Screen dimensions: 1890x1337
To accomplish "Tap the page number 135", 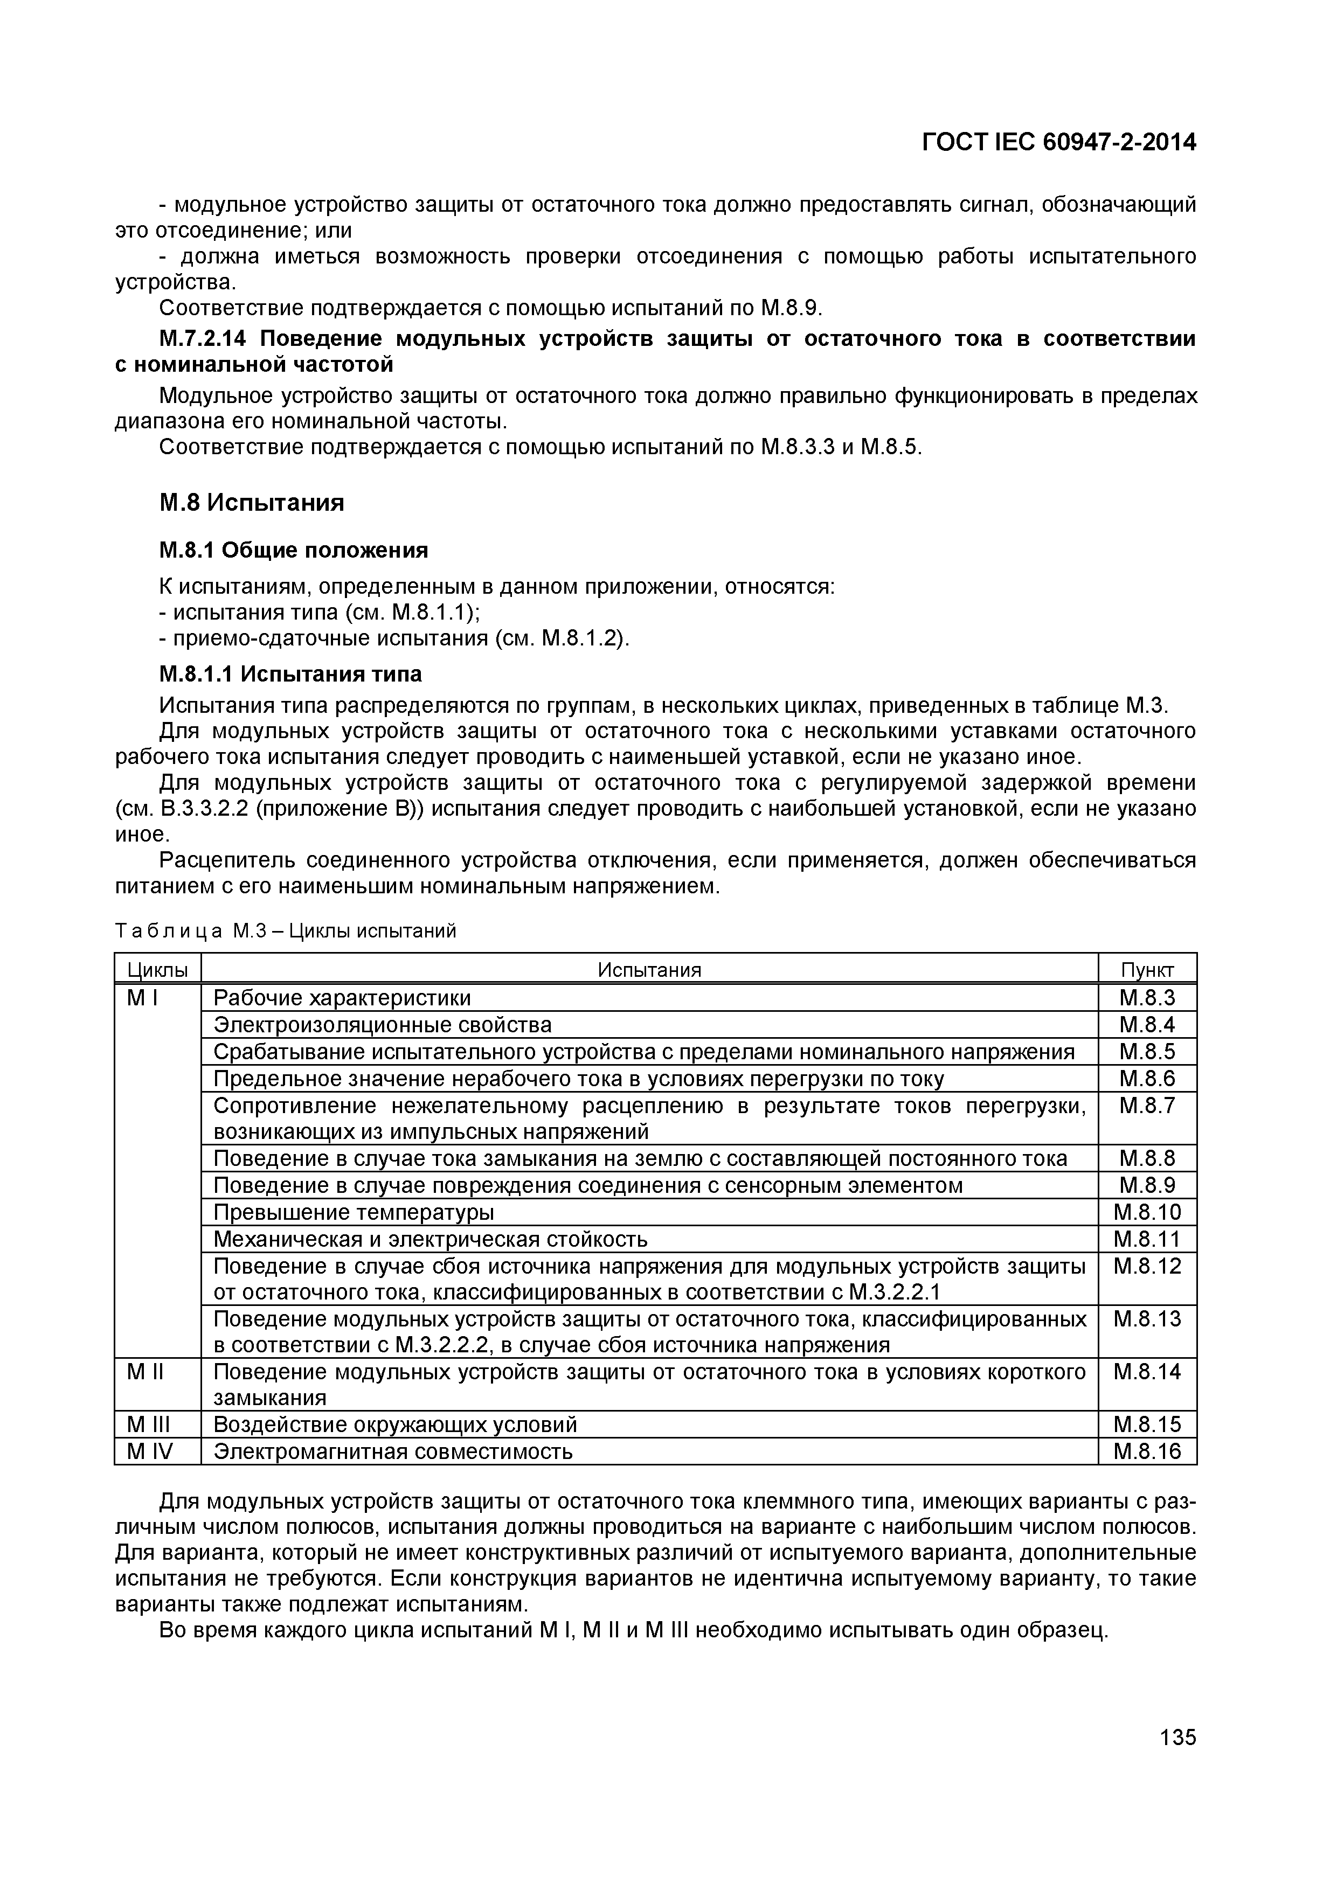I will point(1177,1738).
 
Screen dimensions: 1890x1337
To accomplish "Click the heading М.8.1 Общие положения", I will point(293,550).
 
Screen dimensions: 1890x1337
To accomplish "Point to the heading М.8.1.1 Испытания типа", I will point(290,674).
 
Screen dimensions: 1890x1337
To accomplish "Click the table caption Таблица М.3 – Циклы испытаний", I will point(285,931).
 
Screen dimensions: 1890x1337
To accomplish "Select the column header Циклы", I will point(157,970).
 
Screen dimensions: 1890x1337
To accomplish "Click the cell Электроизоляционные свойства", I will point(382,1025).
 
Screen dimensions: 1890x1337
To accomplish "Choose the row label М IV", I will point(150,1451).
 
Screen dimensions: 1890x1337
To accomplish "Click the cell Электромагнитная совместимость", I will point(393,1451).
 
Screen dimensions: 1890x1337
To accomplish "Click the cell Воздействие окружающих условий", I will point(395,1425).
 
